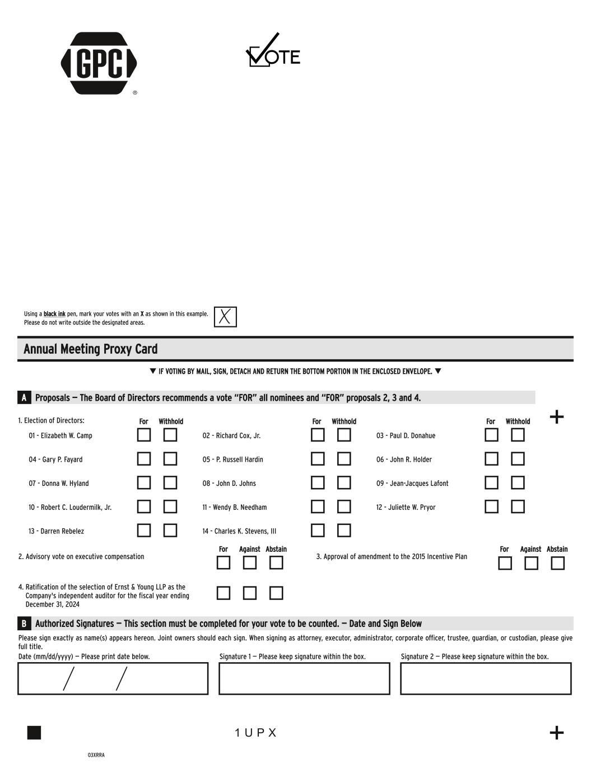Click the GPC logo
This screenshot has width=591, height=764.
[x=99, y=63]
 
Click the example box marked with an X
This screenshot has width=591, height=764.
[x=225, y=317]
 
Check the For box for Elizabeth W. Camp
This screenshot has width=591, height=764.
[x=144, y=435]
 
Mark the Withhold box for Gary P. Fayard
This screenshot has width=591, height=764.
[x=170, y=459]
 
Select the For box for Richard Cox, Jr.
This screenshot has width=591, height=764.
[x=318, y=435]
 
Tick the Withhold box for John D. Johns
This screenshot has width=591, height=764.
[x=344, y=482]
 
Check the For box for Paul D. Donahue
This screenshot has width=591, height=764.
[x=491, y=435]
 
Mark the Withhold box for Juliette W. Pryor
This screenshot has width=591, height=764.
[x=518, y=507]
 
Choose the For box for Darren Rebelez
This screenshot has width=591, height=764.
[x=144, y=530]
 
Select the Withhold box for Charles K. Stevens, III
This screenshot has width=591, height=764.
[x=344, y=530]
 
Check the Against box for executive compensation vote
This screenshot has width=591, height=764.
[x=250, y=563]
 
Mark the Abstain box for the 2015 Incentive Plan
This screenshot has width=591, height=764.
[x=557, y=563]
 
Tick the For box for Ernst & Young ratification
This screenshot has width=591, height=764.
[x=224, y=593]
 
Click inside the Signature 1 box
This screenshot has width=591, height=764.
[x=304, y=678]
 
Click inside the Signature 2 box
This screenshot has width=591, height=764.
[x=486, y=678]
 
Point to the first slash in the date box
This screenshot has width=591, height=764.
[x=68, y=679]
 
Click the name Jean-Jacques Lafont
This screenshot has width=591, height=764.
[x=412, y=484]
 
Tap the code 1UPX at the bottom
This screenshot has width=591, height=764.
[x=255, y=733]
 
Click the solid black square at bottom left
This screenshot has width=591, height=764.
[x=34, y=733]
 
